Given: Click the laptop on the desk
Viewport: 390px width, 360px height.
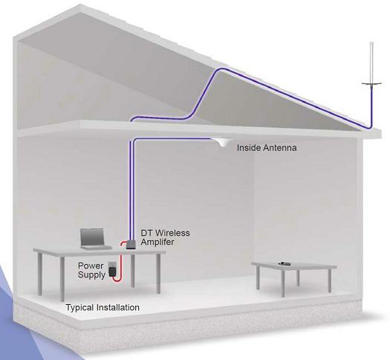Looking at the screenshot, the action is coord(95,239).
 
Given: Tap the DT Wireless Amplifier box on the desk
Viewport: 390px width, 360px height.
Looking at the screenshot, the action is coord(131,244).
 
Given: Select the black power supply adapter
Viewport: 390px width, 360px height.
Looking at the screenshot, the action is coord(112,271).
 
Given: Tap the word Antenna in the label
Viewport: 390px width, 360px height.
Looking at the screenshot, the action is coord(280,148).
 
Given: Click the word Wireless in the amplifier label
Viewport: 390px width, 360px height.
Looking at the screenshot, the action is coord(172,233).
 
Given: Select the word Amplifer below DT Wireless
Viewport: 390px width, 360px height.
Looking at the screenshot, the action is coord(157,242).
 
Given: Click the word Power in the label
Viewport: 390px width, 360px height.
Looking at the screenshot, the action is coord(91,266).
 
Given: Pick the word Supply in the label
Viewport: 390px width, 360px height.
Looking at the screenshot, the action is coord(91,275).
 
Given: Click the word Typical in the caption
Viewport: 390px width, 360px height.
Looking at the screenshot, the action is coord(80,308).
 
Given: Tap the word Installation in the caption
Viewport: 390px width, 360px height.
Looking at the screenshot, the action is coord(117,307).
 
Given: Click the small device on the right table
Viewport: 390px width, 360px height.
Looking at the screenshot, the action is coord(284,263).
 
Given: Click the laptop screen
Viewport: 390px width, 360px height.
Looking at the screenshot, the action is coord(92,237).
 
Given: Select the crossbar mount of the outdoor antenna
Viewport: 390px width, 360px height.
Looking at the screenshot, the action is coord(371,84).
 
